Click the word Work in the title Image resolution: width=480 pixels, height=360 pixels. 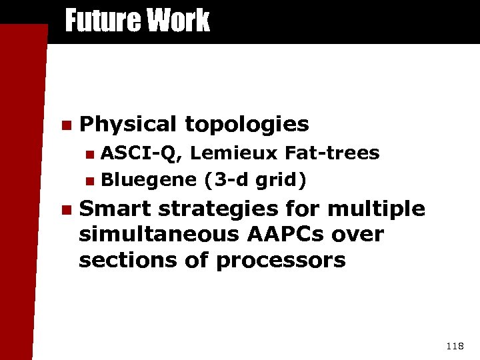point(178,20)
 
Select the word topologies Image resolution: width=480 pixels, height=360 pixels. point(247,125)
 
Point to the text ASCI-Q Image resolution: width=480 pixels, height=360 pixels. point(139,154)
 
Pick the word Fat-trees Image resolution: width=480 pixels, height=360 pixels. point(332,154)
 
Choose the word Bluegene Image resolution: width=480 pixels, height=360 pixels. point(149,179)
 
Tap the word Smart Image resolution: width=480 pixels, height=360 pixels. point(114,209)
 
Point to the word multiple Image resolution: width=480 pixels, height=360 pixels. point(376,209)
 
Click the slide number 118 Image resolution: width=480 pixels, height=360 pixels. point(455,345)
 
